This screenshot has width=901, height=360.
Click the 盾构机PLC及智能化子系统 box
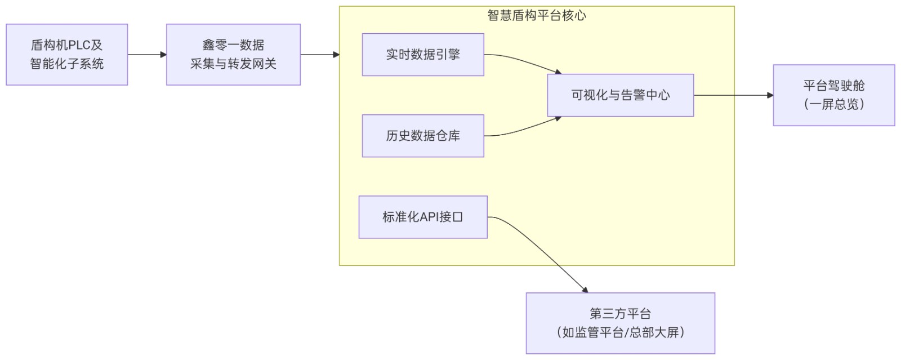(x=66, y=55)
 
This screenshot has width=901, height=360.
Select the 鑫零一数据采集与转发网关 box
(x=233, y=55)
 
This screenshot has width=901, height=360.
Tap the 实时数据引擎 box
(x=423, y=55)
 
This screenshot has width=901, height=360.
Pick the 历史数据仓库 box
(x=423, y=136)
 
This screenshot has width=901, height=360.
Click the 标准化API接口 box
(x=423, y=217)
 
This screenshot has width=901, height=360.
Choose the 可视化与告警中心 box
(x=620, y=95)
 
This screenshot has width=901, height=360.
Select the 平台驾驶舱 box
(x=833, y=95)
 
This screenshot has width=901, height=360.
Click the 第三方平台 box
(x=620, y=323)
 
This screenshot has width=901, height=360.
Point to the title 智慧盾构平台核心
(x=537, y=16)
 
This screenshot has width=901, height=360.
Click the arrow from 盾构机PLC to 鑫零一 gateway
(x=147, y=55)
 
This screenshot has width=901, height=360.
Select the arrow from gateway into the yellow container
(x=320, y=55)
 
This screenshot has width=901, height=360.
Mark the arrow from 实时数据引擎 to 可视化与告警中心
(x=524, y=62)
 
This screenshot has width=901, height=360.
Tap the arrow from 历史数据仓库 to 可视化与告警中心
(x=524, y=128)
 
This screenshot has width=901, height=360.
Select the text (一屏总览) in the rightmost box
(x=833, y=104)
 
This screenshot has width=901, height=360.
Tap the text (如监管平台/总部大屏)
(x=620, y=332)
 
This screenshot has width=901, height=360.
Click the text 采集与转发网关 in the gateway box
(x=233, y=64)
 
